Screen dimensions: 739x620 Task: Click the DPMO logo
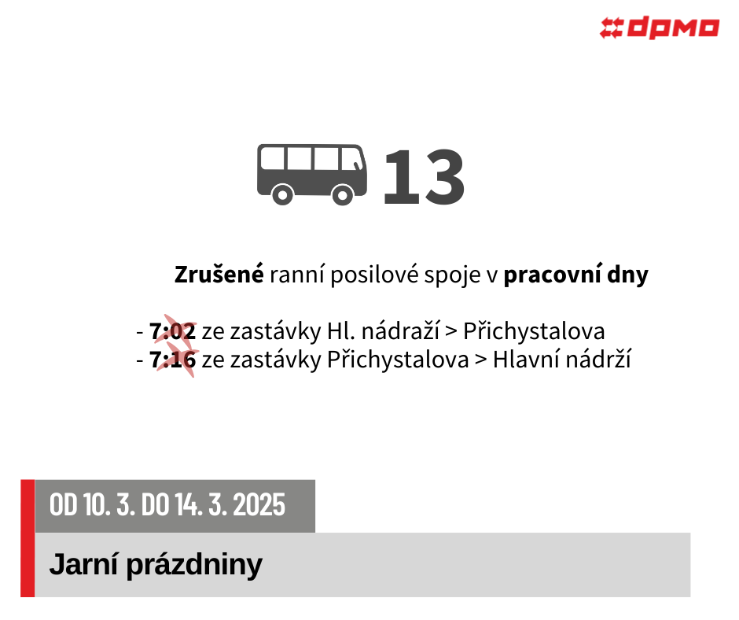tap(660, 28)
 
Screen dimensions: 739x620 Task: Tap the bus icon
tap(312, 174)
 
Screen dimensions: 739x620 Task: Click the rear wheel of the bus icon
tap(282, 194)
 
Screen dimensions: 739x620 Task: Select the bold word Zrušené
tap(219, 275)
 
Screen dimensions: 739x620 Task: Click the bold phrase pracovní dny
tap(576, 275)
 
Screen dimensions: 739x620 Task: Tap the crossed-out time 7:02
tap(172, 331)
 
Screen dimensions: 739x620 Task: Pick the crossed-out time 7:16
tap(172, 360)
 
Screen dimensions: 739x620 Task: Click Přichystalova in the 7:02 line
tap(534, 331)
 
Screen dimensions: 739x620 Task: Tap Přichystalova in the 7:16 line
tap(398, 360)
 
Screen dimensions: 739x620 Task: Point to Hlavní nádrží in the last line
tap(562, 359)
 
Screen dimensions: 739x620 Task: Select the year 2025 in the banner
tap(259, 504)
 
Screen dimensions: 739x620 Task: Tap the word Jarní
tap(83, 564)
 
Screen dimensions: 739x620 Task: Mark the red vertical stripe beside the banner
tap(28, 538)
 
